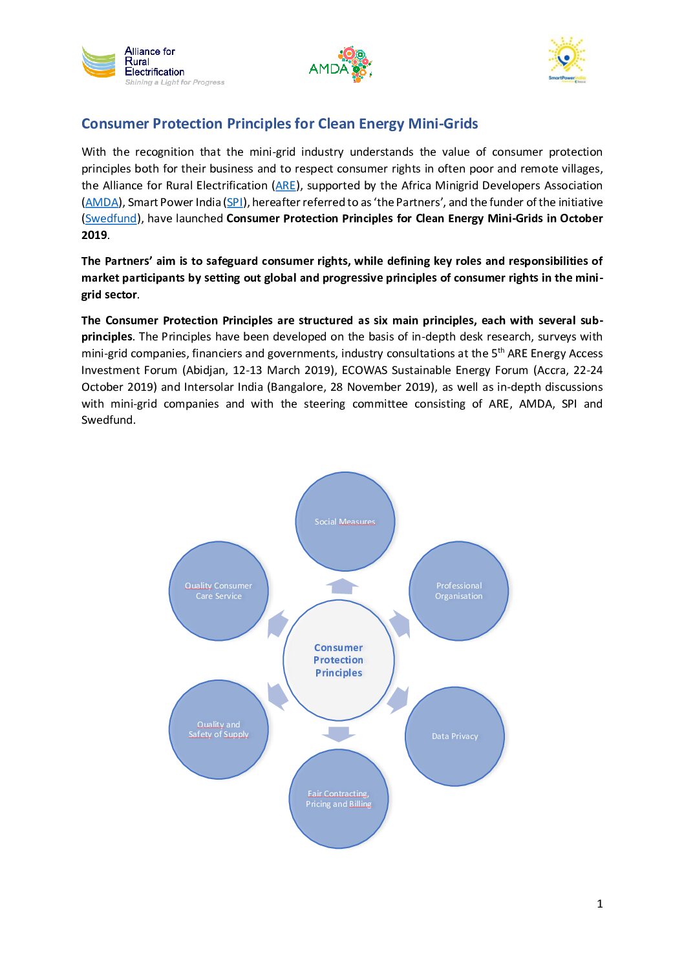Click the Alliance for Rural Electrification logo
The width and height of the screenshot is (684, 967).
point(153,65)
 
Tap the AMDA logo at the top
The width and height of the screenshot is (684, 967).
point(340,65)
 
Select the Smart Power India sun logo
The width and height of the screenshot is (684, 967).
point(567,59)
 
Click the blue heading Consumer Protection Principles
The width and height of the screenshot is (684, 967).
point(279,123)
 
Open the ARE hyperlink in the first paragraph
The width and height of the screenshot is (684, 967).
point(285,185)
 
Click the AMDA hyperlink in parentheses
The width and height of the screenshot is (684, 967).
point(102,202)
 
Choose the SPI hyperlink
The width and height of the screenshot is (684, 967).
point(235,202)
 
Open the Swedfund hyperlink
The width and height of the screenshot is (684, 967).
point(111,218)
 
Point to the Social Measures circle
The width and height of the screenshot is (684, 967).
point(345,521)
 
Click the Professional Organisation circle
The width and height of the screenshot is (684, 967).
point(458,590)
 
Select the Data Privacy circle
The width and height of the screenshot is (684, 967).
point(454,736)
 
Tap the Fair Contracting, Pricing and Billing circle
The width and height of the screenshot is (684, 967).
point(338,799)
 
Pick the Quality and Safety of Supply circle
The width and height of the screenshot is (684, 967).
point(219,729)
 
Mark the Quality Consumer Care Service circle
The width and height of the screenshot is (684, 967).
point(219,590)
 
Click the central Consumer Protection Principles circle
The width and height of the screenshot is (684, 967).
point(338,660)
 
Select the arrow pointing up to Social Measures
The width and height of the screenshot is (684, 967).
point(342,586)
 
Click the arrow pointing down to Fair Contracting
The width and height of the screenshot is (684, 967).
point(338,734)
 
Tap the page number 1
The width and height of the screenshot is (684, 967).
point(599,904)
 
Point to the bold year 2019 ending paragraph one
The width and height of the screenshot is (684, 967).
point(94,235)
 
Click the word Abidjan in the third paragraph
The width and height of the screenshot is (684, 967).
point(206,370)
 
